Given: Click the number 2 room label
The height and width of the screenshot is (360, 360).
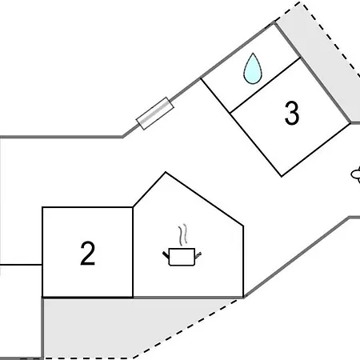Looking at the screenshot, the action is click(x=87, y=253).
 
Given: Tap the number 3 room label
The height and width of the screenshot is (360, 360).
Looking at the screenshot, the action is click(x=292, y=113).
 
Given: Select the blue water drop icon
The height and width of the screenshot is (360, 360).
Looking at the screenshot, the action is click(x=253, y=69).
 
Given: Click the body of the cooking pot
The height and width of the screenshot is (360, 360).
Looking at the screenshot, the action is click(x=182, y=257).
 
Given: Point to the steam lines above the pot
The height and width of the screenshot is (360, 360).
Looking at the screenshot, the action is click(x=182, y=234).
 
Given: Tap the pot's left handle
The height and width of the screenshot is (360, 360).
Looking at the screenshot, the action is click(x=166, y=255).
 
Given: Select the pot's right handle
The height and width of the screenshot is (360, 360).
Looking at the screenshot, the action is click(x=198, y=255).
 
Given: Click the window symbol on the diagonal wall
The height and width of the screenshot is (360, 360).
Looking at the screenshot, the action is click(x=155, y=114).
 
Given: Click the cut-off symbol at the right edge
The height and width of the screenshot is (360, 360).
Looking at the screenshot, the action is click(x=356, y=175).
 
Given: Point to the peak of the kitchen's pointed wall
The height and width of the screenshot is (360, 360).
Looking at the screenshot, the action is click(x=166, y=172).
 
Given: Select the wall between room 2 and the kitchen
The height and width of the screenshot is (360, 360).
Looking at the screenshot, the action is click(x=133, y=252).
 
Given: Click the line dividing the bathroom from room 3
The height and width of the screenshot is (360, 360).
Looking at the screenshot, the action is click(x=266, y=86).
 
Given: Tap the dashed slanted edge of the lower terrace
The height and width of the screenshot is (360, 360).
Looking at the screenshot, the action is click(x=186, y=329).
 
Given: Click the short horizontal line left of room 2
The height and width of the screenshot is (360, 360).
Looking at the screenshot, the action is click(x=21, y=265).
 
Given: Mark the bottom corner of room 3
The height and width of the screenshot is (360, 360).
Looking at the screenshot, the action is click(x=282, y=176).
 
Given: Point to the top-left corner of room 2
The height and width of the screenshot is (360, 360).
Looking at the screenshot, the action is click(x=42, y=207).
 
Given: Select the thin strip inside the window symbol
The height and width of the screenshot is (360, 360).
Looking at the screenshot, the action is click(x=155, y=114).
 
